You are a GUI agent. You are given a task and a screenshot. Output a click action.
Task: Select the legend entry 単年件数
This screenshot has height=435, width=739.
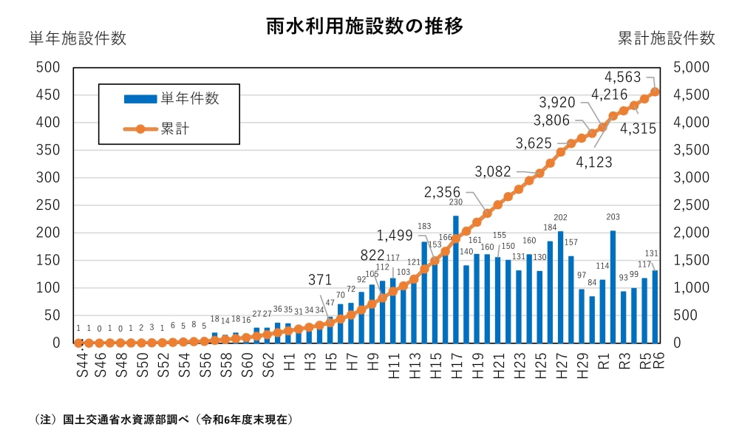pyautogui.click(x=189, y=98)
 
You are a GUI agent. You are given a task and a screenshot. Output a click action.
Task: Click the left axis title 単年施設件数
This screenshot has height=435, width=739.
pyautogui.click(x=78, y=38)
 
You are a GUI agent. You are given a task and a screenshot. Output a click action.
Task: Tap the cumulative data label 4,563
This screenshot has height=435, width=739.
pyautogui.click(x=627, y=76)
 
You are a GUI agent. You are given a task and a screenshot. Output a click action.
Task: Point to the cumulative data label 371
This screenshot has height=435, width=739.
pyautogui.click(x=321, y=279)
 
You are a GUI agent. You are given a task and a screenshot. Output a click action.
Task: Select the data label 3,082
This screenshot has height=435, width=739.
pyautogui.click(x=493, y=171)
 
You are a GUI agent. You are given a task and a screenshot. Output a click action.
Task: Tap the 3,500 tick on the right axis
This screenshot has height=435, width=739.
pyautogui.click(x=692, y=150)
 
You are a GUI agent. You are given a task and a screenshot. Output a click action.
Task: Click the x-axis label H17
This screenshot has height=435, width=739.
pyautogui.click(x=457, y=363)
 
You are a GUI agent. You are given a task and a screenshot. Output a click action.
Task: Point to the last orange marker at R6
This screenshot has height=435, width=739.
pyautogui.click(x=655, y=92)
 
